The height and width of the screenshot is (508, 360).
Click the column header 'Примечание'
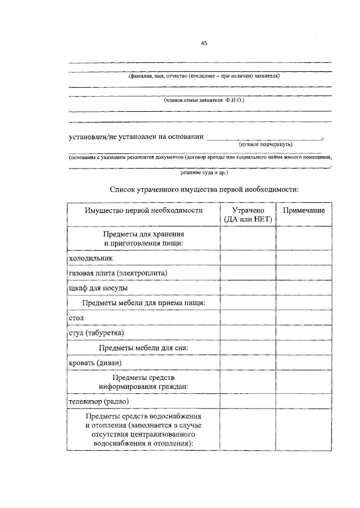point(304,210)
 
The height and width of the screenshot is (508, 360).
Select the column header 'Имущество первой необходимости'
point(143,210)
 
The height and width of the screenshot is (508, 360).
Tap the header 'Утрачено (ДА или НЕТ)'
point(247,215)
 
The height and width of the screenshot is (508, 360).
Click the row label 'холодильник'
point(91,257)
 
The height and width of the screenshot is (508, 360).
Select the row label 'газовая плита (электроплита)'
point(118,273)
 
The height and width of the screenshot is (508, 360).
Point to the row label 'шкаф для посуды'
point(97,288)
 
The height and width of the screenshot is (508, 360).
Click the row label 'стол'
point(76,318)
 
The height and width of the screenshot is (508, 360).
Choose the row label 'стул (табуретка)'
point(96,333)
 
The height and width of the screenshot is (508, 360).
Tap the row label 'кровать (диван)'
point(94,364)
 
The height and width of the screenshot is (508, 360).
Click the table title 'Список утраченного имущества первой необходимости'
point(204,189)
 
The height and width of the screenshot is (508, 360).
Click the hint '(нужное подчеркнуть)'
point(266,144)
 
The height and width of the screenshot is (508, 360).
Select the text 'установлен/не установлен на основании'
point(135,136)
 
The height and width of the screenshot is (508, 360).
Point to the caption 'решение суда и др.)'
point(204,173)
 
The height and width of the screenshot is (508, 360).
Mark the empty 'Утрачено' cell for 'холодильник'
point(247,257)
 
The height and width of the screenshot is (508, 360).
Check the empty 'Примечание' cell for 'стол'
point(304,318)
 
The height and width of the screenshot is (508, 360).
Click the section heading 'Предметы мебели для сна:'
point(143,348)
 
